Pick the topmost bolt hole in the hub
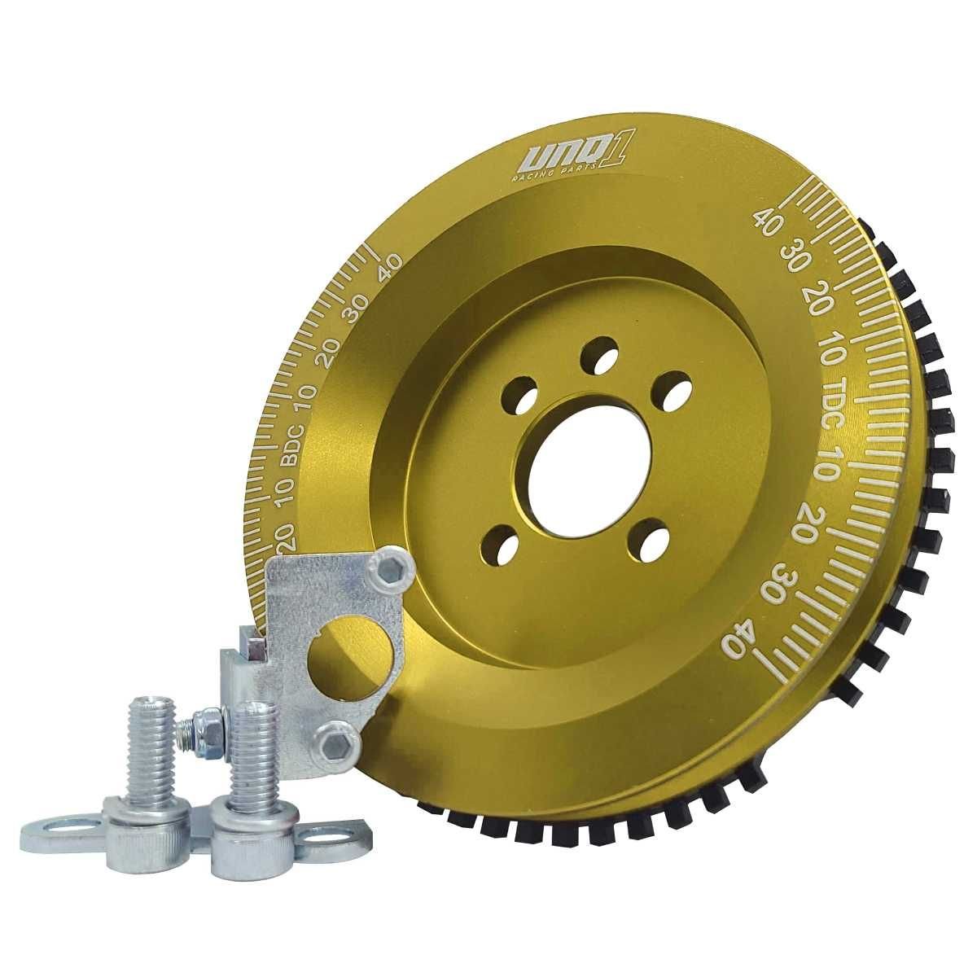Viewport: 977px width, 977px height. [600, 352]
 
